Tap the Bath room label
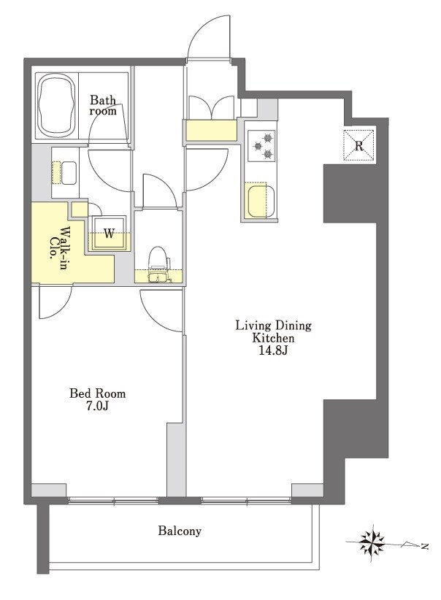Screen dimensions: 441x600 coord(103,106)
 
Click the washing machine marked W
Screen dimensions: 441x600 coord(109,233)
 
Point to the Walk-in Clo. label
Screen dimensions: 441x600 coord(58,244)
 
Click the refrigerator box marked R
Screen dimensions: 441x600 coord(358,145)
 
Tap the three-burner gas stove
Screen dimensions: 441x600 coord(261,145)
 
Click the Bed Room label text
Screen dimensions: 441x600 coord(97,393)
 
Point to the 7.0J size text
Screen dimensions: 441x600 coord(97,407)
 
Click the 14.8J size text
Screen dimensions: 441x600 coord(273,350)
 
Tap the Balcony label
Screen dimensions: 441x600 coord(180,531)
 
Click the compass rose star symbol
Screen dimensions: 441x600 coord(372,543)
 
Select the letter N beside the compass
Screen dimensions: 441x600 coord(423,546)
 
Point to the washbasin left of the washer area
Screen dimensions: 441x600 coord(68,173)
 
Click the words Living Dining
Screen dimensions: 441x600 coord(273,326)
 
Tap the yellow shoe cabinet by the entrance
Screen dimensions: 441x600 coord(211,131)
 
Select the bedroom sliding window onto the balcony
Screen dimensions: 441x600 coord(113,500)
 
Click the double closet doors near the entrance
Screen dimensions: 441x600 coord(211,107)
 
